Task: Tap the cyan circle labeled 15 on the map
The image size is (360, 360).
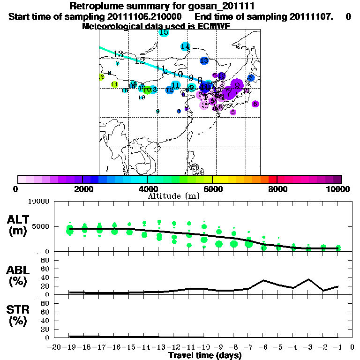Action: [164, 32]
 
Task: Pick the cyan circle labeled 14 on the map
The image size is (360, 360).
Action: [185, 46]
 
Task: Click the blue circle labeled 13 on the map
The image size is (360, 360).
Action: [204, 61]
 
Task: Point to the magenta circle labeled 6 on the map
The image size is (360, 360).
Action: [255, 104]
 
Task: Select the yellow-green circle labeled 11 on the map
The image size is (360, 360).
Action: [114, 84]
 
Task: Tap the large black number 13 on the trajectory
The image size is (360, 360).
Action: [118, 54]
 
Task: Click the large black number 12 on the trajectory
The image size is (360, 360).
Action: [140, 60]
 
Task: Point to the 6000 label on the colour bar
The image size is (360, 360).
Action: [212, 189]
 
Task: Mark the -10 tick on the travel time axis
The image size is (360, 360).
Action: [204, 347]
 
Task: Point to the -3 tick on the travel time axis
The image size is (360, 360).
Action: [308, 347]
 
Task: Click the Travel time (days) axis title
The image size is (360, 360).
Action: [205, 356]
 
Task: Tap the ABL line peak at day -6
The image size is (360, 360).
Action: [264, 280]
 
